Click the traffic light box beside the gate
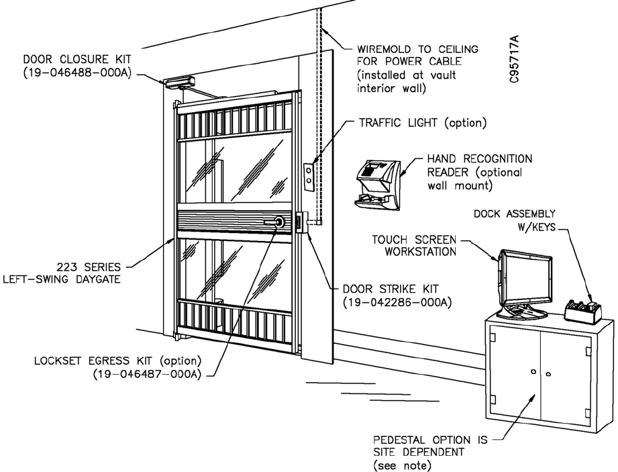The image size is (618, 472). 309,172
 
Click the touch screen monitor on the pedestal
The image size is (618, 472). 523,280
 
